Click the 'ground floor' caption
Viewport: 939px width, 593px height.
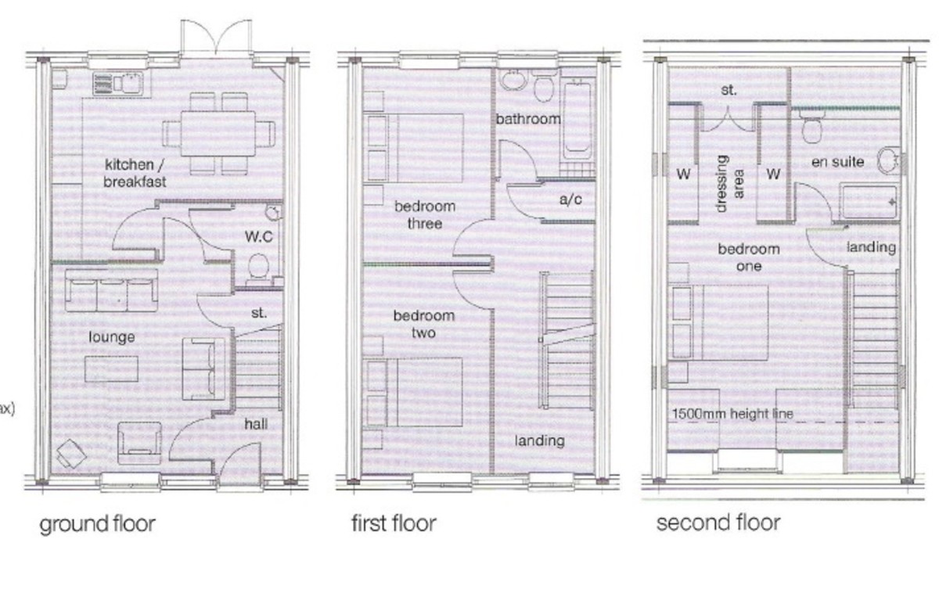click(98, 523)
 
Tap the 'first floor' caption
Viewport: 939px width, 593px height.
click(393, 523)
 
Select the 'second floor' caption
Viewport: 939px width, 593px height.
click(718, 522)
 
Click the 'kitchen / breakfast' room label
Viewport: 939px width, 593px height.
click(135, 173)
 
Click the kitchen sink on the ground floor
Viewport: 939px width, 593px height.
click(120, 82)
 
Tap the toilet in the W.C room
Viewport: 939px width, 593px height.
click(257, 268)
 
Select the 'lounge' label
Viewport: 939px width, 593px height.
click(112, 337)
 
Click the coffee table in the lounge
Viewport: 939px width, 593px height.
click(112, 368)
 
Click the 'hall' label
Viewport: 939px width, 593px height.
click(255, 423)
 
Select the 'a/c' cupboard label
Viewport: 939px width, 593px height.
click(570, 199)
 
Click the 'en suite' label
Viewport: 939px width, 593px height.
click(837, 162)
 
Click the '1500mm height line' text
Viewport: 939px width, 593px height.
click(733, 413)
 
